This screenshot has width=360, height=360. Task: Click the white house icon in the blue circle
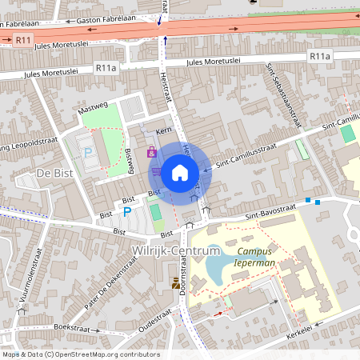(x=180, y=171)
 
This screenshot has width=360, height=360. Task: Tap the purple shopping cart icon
(x=157, y=170)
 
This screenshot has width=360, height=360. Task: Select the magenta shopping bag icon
(x=151, y=151)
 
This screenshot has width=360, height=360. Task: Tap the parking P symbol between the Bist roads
(x=126, y=212)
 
